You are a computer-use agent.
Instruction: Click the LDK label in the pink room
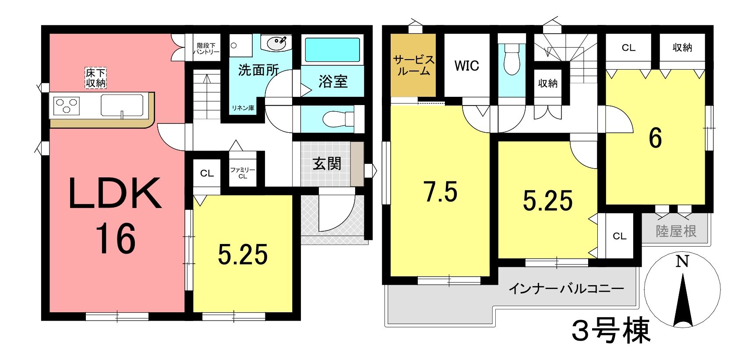pyautogui.click(x=115, y=194)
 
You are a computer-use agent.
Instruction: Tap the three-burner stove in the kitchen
pyautogui.click(x=67, y=106)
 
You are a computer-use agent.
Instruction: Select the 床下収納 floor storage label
pyautogui.click(x=96, y=78)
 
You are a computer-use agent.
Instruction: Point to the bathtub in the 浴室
pyautogui.click(x=332, y=49)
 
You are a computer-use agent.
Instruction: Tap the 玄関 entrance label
pyautogui.click(x=327, y=164)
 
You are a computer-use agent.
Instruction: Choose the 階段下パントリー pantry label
pyautogui.click(x=206, y=49)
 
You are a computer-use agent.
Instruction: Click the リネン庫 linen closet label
pyautogui.click(x=243, y=108)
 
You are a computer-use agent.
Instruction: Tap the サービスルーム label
pyautogui.click(x=413, y=65)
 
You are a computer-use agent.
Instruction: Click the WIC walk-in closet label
pyautogui.click(x=467, y=66)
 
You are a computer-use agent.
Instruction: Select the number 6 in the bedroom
pyautogui.click(x=655, y=138)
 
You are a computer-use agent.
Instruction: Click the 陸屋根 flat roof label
pyautogui.click(x=676, y=231)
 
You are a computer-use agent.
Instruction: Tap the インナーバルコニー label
pyautogui.click(x=566, y=289)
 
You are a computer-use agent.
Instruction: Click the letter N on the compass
pyautogui.click(x=682, y=261)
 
